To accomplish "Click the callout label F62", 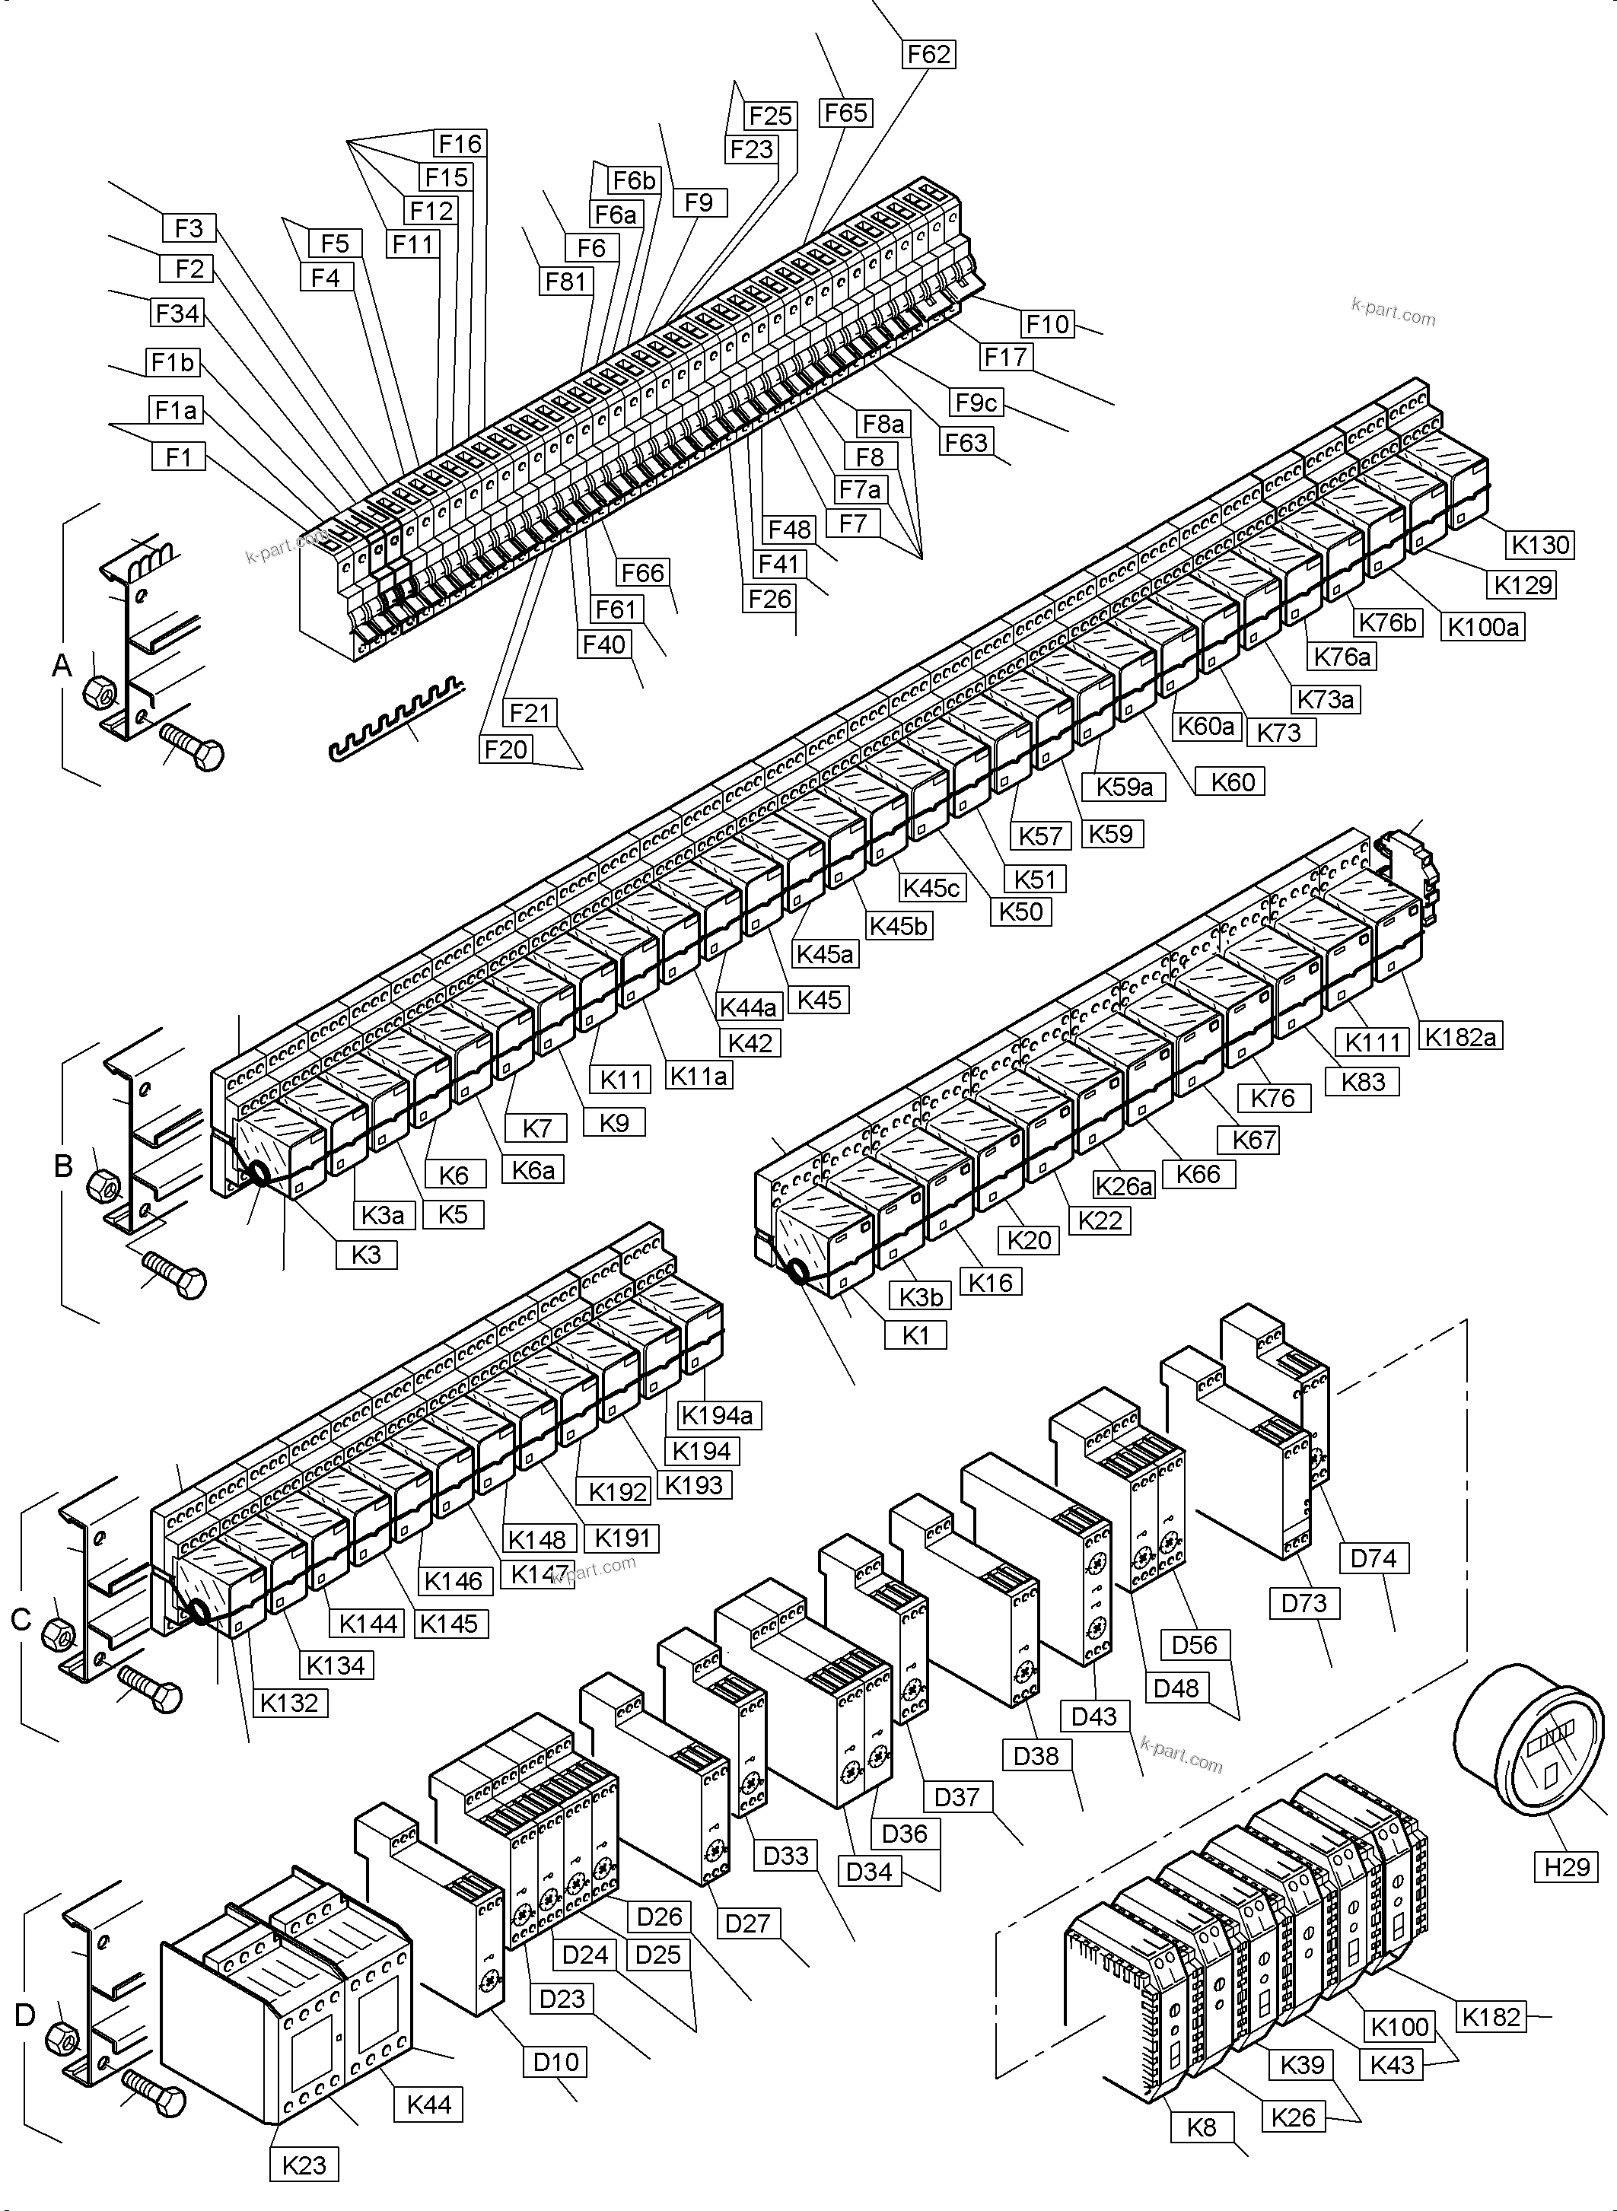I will [928, 55].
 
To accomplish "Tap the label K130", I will [1541, 546].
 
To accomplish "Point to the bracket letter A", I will [62, 666].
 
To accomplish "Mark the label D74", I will [1373, 1558].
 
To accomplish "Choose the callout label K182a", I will [1460, 1036].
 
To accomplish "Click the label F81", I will [565, 282].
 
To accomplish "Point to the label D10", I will [556, 2062].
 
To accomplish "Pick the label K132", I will [290, 1702].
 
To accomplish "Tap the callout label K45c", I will [931, 888].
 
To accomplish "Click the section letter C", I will [21, 1621].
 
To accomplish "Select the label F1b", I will [172, 363].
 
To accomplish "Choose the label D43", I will [1093, 1716].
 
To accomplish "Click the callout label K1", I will [915, 1335].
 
